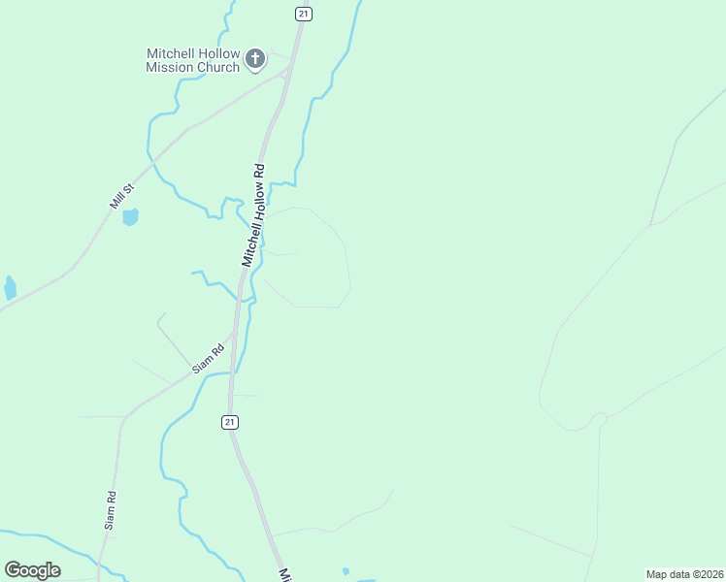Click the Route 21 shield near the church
click(304, 13)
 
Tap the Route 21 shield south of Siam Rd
click(229, 422)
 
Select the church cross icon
click(255, 59)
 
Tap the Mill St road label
click(121, 195)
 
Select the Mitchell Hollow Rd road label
click(254, 213)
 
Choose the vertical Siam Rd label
click(112, 508)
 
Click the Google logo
click(32, 569)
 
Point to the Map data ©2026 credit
click(683, 574)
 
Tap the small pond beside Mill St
click(130, 216)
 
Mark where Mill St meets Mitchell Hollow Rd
click(287, 71)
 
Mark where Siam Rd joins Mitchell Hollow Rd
click(233, 336)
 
